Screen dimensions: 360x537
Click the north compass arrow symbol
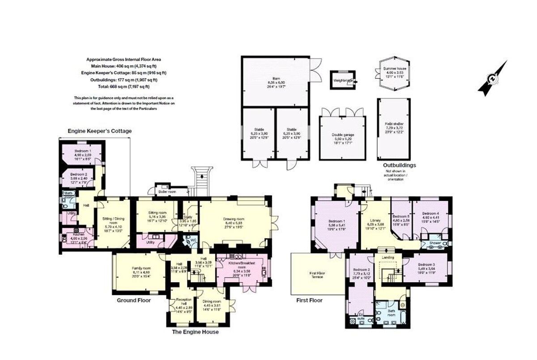(x=492, y=79)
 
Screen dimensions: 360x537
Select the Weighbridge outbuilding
(x=342, y=81)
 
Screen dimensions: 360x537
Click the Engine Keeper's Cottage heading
(x=100, y=131)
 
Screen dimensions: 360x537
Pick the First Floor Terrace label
(x=317, y=274)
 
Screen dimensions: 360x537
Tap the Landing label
(x=388, y=257)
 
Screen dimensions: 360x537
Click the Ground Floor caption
(x=134, y=301)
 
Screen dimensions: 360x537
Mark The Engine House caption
(x=196, y=332)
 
